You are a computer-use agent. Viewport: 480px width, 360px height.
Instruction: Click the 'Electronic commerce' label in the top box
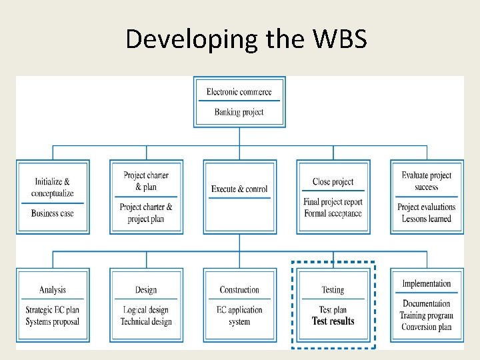239,92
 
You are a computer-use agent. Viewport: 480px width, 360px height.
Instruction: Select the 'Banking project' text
239,112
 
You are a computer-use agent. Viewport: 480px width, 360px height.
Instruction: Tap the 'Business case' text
53,213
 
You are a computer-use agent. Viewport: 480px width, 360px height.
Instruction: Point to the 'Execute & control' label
239,189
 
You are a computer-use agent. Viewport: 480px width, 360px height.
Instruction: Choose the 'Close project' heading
333,182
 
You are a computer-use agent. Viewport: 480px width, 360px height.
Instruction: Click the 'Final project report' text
333,203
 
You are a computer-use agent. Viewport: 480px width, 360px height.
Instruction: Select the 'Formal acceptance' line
333,213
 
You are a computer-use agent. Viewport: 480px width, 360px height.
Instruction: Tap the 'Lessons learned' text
427,219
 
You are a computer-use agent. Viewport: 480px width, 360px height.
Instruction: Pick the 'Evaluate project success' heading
427,181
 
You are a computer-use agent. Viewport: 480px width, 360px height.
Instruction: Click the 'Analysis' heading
53,290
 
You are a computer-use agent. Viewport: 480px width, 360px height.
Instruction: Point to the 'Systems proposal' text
53,321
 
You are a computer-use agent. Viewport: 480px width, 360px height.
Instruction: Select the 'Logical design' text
146,311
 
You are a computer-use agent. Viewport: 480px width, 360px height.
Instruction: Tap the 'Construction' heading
239,290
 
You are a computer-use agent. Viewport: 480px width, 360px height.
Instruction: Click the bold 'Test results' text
333,321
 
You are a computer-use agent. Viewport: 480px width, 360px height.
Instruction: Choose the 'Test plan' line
333,311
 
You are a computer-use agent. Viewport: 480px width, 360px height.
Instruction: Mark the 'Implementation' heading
427,284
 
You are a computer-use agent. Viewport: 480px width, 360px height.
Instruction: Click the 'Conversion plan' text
427,327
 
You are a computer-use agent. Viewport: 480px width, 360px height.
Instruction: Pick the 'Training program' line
427,315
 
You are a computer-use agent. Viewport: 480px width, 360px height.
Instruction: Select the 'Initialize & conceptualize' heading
53,187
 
